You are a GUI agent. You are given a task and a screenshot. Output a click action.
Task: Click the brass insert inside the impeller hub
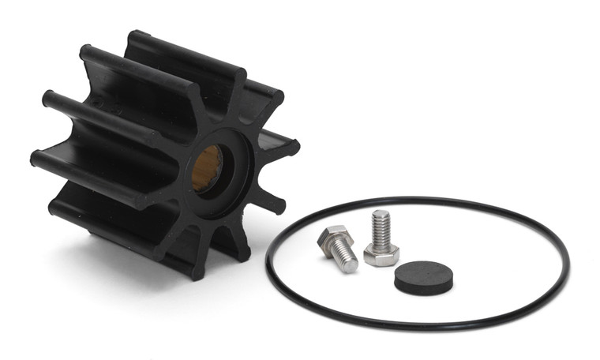click(208, 168)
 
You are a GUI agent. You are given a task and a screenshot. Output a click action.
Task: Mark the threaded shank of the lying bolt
click(343, 257)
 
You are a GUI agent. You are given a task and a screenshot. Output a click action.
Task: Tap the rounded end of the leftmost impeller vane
click(36, 157)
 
